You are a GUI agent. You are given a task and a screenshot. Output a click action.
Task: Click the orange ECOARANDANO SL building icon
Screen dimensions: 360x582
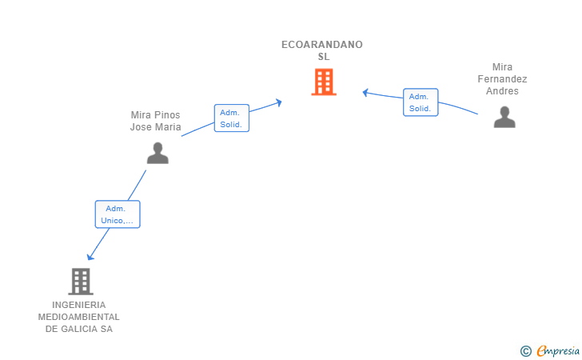[323, 82]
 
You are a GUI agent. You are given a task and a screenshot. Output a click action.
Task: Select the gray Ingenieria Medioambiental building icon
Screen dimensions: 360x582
[80, 281]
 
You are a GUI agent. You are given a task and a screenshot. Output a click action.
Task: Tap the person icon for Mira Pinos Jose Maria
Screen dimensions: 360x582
[157, 153]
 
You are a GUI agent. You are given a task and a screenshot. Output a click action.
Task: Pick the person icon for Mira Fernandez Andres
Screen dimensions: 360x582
[504, 118]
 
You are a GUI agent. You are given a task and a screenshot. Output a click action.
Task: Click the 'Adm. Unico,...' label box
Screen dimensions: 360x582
[118, 214]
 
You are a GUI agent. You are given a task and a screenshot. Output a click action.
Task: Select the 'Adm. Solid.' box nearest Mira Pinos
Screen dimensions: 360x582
[232, 118]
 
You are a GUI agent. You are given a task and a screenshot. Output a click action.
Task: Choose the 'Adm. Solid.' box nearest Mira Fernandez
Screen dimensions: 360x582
[421, 102]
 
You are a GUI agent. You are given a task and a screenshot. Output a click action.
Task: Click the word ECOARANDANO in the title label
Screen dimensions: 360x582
[322, 45]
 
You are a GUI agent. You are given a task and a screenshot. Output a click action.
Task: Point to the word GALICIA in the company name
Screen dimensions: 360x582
[78, 329]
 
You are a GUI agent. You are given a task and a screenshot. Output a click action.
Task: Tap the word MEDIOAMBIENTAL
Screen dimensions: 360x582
[79, 317]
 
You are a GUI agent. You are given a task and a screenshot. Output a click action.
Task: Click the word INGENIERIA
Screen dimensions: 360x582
[78, 305]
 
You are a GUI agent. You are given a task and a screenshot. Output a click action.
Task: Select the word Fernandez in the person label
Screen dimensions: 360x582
[502, 79]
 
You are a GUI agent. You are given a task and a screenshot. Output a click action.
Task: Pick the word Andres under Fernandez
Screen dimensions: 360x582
[502, 91]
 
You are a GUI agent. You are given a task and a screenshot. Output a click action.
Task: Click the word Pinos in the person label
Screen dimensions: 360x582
[165, 115]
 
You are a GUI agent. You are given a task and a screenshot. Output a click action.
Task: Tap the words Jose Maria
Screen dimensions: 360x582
[156, 127]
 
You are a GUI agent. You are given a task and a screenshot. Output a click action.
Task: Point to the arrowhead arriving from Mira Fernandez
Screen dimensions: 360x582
[365, 92]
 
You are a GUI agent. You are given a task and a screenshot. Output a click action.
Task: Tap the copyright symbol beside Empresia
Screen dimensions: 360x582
[525, 350]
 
